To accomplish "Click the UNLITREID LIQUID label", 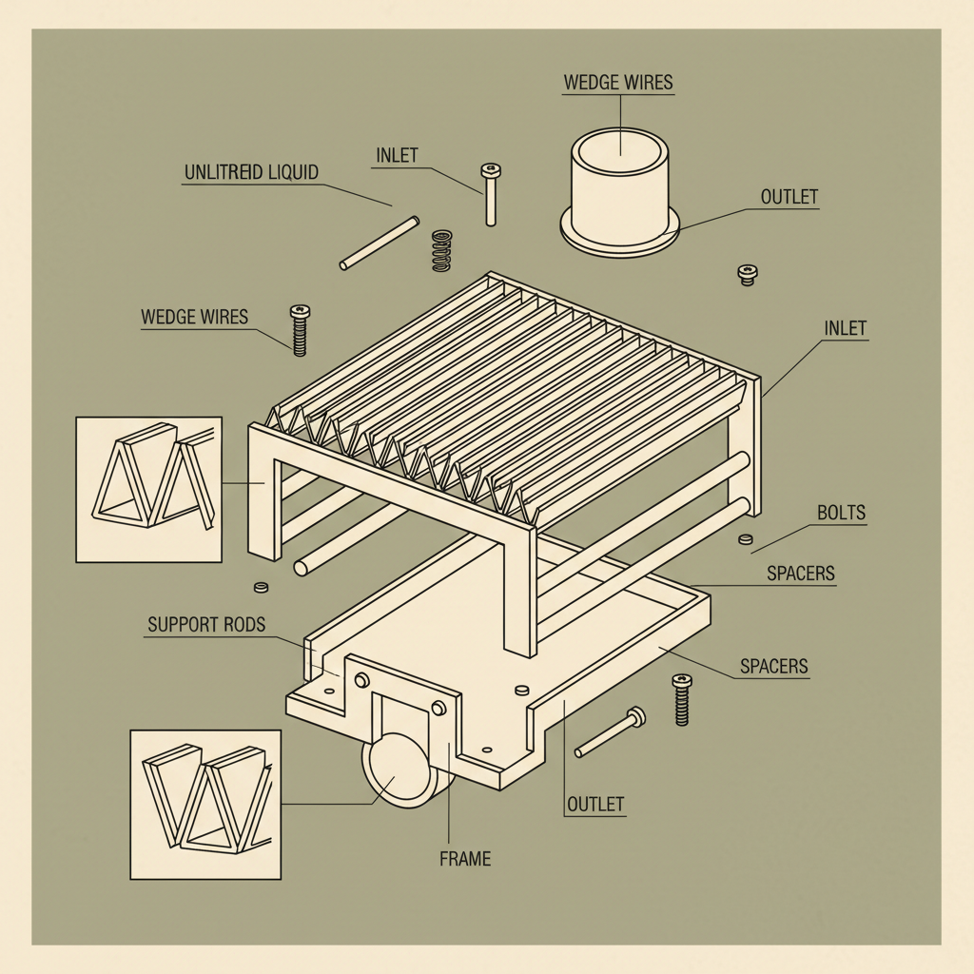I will tap(250, 172).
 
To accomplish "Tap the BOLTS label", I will tap(842, 513).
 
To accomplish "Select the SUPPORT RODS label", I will tap(206, 625).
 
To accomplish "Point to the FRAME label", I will tap(465, 859).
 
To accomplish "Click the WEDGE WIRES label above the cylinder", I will tap(618, 82).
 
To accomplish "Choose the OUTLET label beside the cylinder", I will tap(789, 197).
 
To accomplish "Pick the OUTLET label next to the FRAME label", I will tap(595, 804).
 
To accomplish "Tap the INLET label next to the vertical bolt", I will tap(397, 155).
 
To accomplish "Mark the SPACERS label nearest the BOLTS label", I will tap(801, 573).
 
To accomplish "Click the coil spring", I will tap(440, 250).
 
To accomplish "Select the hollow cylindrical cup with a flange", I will tap(620, 194).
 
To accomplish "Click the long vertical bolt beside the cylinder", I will tap(491, 195).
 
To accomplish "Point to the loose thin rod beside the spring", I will tap(380, 243).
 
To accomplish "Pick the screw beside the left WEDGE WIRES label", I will tap(300, 329).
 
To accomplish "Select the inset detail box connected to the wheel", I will tap(205, 804).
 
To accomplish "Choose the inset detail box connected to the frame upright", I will tap(148, 489).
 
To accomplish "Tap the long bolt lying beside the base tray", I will tap(610, 733).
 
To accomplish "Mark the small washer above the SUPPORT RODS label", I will tap(262, 585).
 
